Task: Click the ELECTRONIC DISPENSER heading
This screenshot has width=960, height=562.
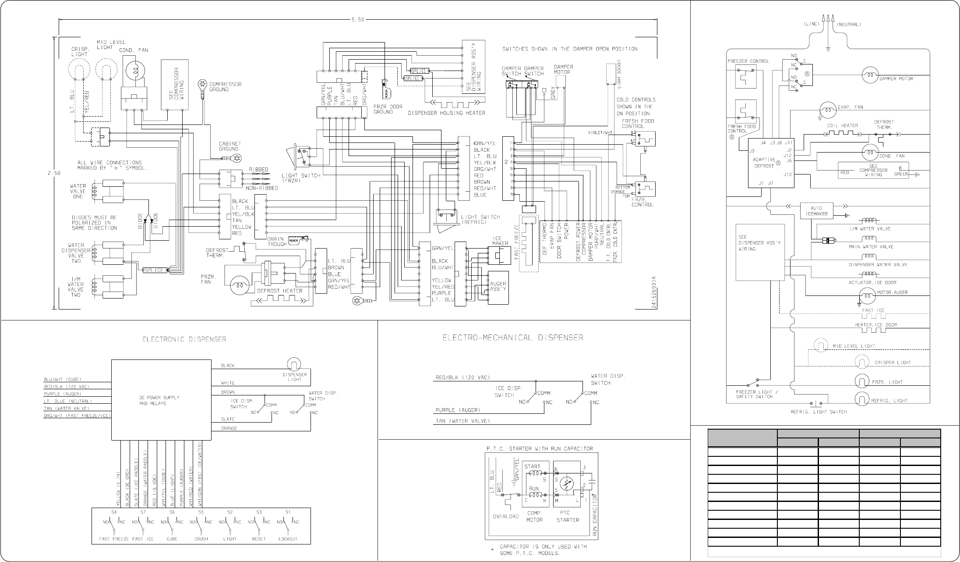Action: pos(184,339)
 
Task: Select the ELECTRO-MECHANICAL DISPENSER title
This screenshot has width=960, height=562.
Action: pos(512,338)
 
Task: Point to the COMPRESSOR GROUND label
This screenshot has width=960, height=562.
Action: pos(225,86)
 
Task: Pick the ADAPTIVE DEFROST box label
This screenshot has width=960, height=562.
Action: pos(764,163)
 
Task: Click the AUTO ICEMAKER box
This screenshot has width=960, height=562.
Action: pos(816,211)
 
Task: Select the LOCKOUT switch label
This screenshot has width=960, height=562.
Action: pos(288,539)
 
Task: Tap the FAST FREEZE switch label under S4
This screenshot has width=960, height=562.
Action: pos(114,539)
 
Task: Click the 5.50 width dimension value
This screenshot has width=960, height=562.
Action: pos(357,20)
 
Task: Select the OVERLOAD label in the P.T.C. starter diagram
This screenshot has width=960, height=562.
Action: pos(506,516)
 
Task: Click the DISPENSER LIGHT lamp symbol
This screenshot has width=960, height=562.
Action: pos(292,363)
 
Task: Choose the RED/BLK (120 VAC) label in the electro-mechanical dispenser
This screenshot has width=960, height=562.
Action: pos(462,377)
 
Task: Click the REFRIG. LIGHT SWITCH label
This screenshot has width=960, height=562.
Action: pos(819,412)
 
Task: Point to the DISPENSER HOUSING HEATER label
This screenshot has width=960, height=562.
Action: pos(446,113)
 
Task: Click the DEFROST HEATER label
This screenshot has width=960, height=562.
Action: pos(279,291)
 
